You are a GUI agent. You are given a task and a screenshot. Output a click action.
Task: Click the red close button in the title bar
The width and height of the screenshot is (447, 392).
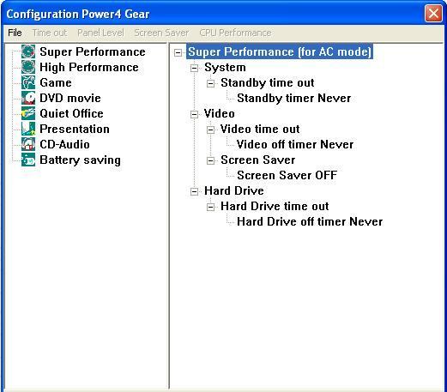pos(433,14)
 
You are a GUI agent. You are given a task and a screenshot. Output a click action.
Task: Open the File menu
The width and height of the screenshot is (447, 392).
pos(15,33)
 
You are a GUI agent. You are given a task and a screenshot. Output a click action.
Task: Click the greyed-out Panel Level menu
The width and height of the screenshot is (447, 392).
pos(100,33)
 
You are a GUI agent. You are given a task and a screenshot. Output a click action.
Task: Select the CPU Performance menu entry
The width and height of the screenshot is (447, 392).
pos(235,33)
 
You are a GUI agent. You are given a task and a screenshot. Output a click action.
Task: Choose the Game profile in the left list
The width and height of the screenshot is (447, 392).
pos(56,82)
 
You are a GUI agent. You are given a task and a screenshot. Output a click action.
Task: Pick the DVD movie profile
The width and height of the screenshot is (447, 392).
pos(70,98)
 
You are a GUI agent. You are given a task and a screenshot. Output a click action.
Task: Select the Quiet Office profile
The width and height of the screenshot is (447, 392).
pos(71,113)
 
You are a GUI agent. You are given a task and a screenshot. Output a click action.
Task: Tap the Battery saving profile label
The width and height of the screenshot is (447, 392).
pos(80,160)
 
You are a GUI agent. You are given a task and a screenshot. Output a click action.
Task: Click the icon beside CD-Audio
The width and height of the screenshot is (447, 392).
pos(28,144)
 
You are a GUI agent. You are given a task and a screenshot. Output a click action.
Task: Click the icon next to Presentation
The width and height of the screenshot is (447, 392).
pos(28,129)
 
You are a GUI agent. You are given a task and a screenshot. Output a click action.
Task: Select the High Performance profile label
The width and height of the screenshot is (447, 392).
pos(89,67)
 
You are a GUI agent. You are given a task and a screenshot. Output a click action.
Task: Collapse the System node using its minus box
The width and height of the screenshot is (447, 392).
pos(194,68)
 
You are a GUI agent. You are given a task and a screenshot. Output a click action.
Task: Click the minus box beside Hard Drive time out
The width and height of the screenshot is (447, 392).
pos(210,207)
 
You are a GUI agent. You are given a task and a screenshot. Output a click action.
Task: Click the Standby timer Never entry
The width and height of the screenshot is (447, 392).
pos(294,99)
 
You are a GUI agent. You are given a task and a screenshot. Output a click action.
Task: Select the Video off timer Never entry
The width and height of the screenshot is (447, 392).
pos(295,144)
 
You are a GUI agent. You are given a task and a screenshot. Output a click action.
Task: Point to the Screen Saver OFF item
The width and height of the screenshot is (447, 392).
pos(287,175)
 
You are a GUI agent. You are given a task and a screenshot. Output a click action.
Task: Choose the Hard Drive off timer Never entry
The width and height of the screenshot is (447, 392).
pos(310,221)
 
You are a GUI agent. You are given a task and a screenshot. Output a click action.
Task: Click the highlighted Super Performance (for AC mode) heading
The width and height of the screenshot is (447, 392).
pos(280,51)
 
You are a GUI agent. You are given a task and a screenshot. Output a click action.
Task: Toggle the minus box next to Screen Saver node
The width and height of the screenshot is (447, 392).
pos(210,160)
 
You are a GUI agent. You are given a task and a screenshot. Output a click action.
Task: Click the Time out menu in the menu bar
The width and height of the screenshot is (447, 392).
pos(50,33)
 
